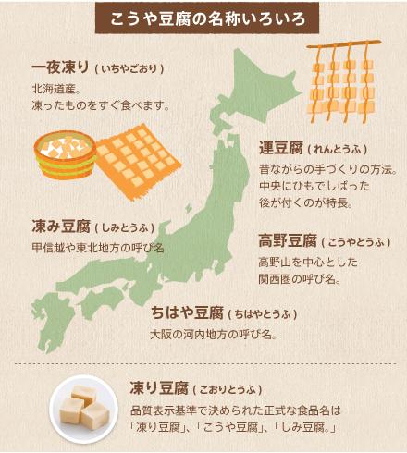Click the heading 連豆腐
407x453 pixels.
click(x=285, y=148)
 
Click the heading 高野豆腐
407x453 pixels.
click(x=285, y=241)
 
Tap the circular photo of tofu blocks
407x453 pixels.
click(x=89, y=406)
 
